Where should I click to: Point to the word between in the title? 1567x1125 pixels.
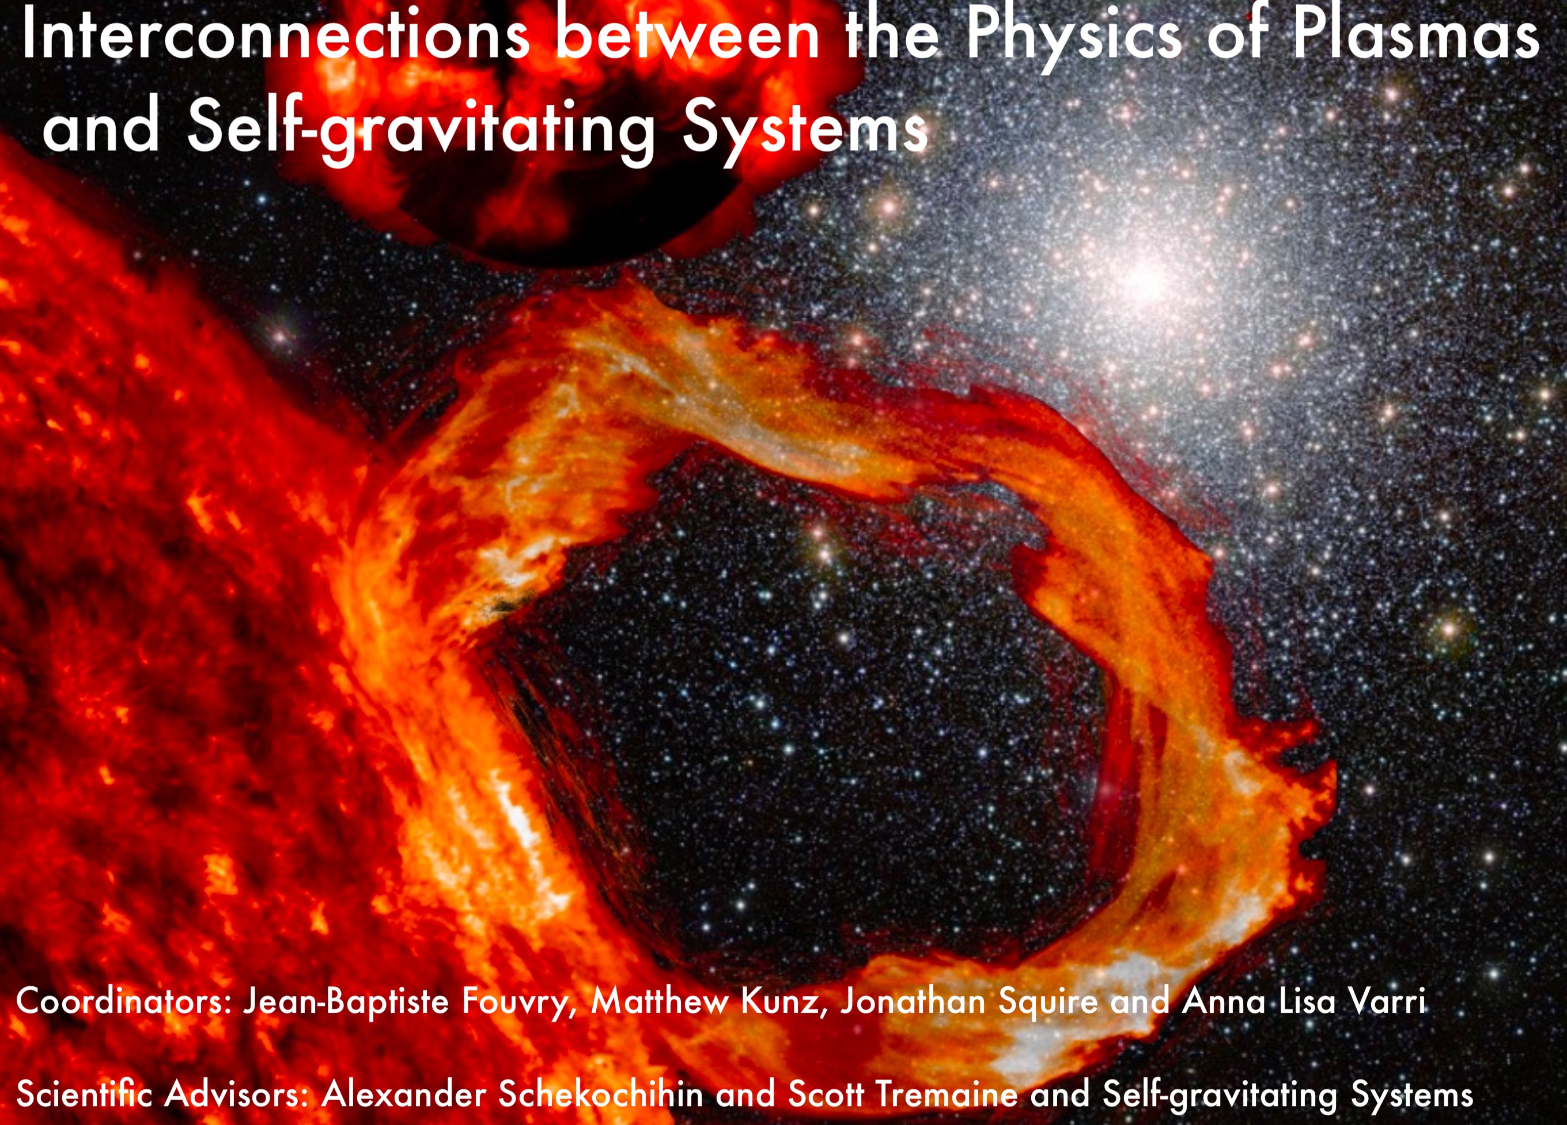688,35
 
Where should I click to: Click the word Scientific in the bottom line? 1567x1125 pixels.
84,1094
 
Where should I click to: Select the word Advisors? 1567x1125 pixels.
236,1094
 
